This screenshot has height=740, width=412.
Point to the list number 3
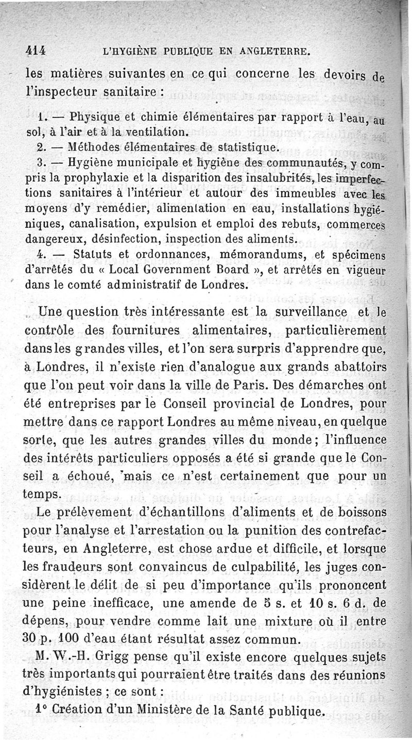[42, 164]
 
